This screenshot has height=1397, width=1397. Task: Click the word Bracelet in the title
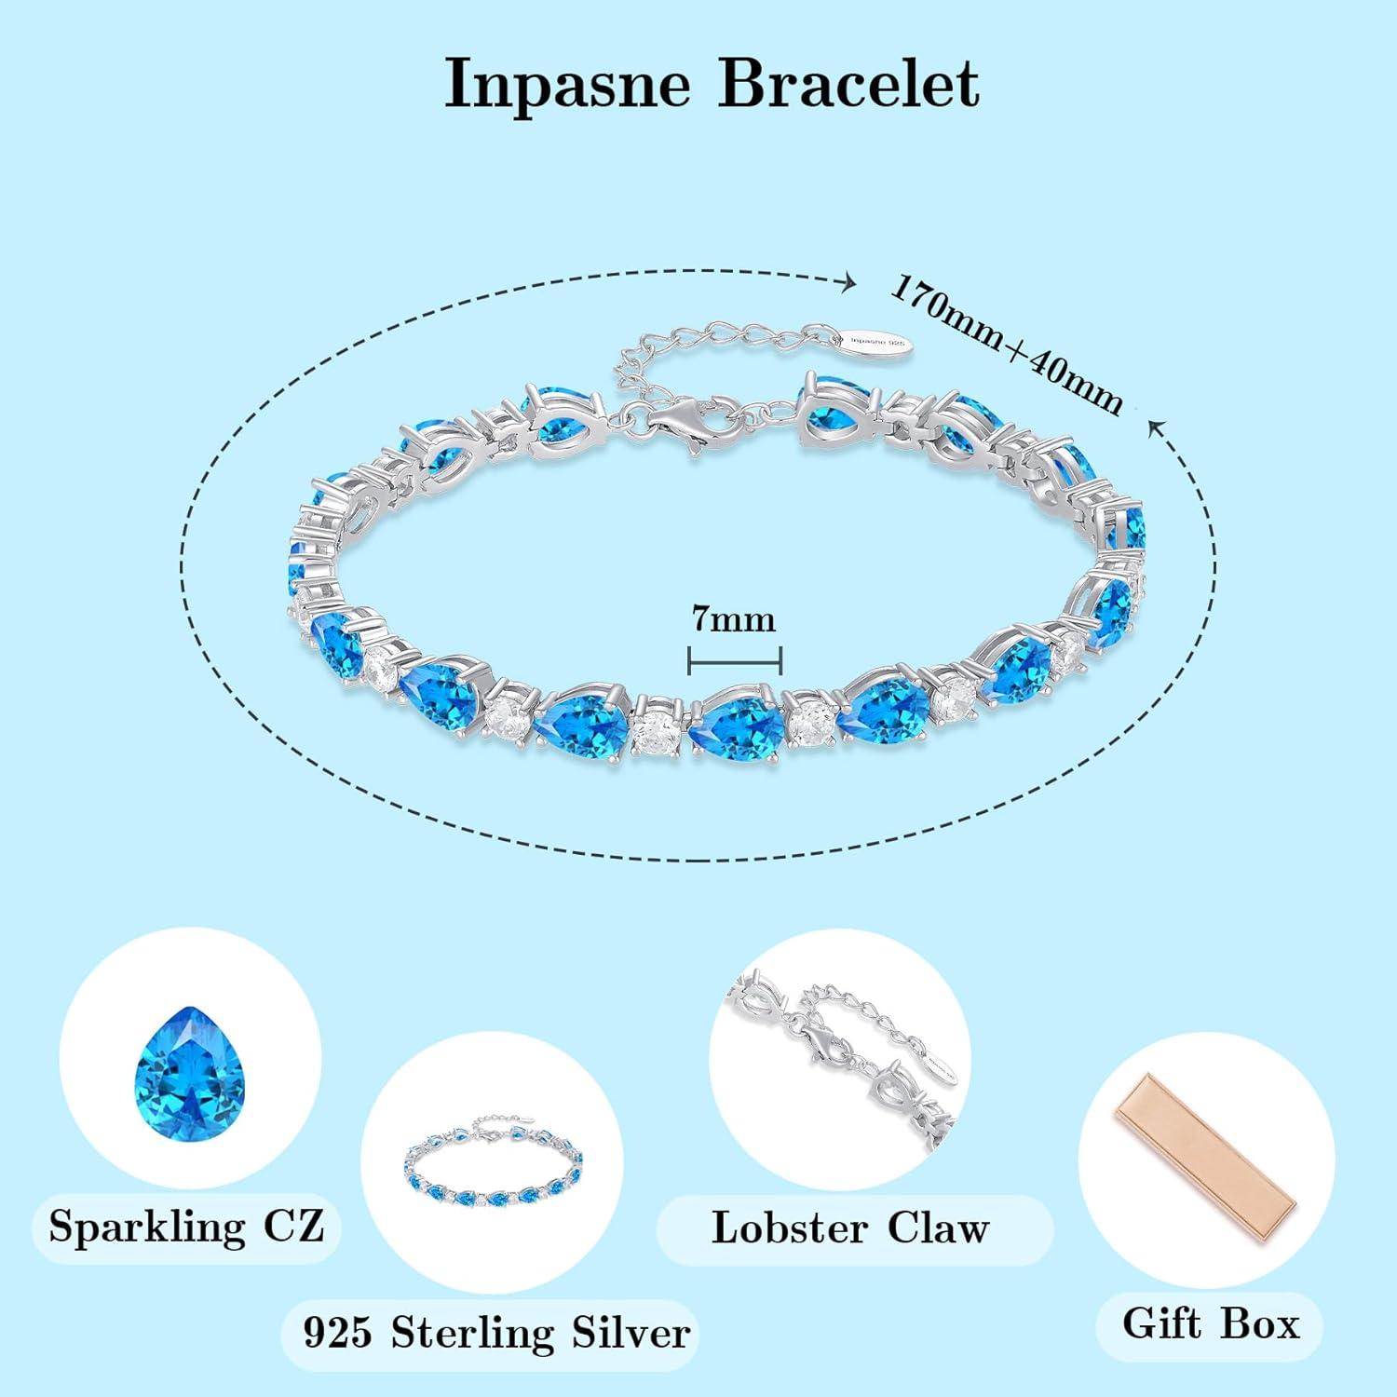point(848,84)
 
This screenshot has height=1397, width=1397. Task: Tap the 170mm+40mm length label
point(1005,344)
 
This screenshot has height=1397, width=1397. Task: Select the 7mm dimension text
point(733,619)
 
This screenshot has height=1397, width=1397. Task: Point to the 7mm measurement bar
point(734,660)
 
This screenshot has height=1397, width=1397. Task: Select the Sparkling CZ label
point(186,1227)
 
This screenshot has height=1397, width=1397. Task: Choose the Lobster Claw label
point(849,1227)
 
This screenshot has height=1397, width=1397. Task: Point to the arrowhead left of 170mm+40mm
point(848,282)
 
